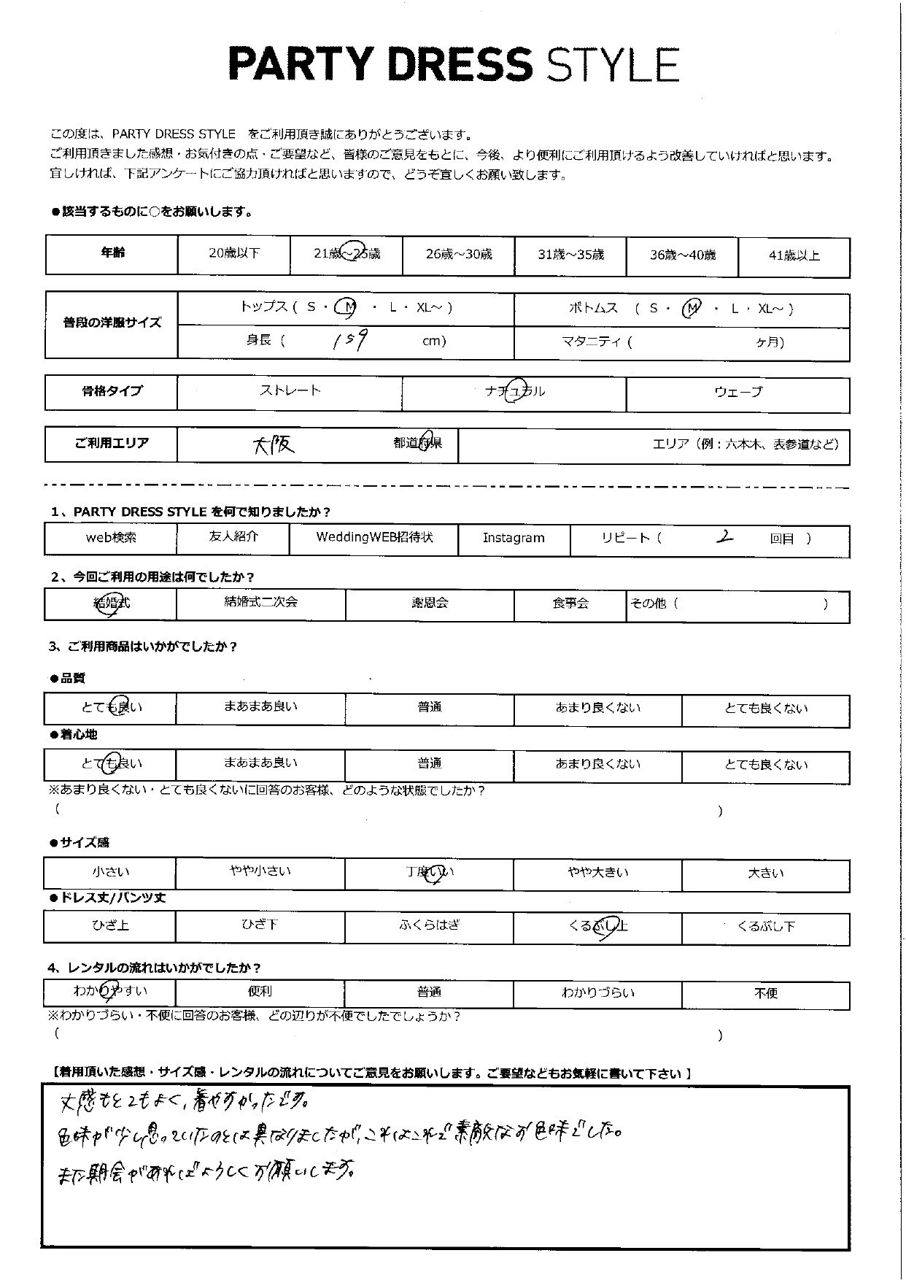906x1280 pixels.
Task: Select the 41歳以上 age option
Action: [794, 255]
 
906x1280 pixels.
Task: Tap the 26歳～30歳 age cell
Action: [458, 255]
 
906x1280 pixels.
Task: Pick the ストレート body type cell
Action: [290, 391]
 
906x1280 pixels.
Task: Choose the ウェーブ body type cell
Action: [737, 393]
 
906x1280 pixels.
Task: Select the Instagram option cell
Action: [514, 539]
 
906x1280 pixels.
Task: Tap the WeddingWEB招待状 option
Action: [374, 538]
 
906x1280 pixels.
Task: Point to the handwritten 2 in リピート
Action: [724, 537]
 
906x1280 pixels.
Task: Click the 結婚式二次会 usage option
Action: [260, 603]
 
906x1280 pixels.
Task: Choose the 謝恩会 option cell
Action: [429, 604]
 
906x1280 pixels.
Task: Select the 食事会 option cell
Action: [570, 604]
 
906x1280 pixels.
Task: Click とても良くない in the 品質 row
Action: [765, 709]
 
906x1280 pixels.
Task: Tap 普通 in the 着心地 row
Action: [429, 764]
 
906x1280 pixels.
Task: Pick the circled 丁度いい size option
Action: [429, 874]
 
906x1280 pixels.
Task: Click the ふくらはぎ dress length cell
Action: [429, 926]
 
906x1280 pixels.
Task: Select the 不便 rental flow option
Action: [765, 994]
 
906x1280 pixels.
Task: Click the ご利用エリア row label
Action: [111, 444]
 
